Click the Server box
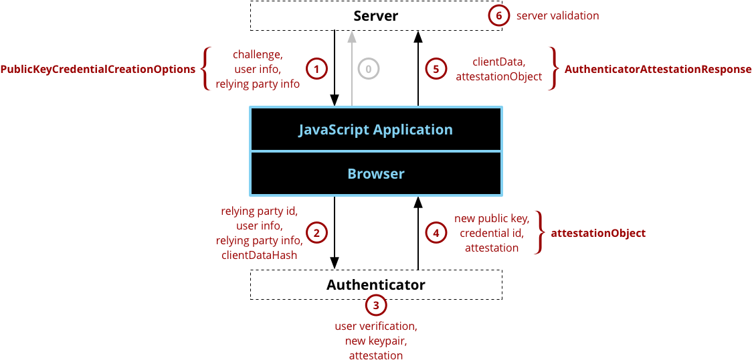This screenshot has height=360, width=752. [375, 15]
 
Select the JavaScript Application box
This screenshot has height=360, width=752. [375, 129]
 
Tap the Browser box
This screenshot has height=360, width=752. [375, 174]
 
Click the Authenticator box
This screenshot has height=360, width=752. [375, 284]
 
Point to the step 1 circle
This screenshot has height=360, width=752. [316, 68]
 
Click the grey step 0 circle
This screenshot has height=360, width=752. [368, 68]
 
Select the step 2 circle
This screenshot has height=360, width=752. [316, 233]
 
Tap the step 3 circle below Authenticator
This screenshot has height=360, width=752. [376, 306]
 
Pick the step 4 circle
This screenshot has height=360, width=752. [436, 233]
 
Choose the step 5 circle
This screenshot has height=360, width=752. [436, 68]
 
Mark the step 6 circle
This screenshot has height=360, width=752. [498, 15]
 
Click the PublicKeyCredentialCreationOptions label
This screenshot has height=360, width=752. [98, 69]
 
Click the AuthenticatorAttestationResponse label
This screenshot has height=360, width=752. [658, 69]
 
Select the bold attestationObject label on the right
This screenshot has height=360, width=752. [597, 234]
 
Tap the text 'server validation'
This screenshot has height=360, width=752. [557, 15]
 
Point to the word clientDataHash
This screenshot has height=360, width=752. [260, 255]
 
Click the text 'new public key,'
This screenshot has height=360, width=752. [492, 219]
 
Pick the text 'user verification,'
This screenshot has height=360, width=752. [376, 327]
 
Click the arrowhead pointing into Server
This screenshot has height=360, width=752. [351, 35]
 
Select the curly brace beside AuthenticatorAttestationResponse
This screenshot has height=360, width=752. [553, 68]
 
